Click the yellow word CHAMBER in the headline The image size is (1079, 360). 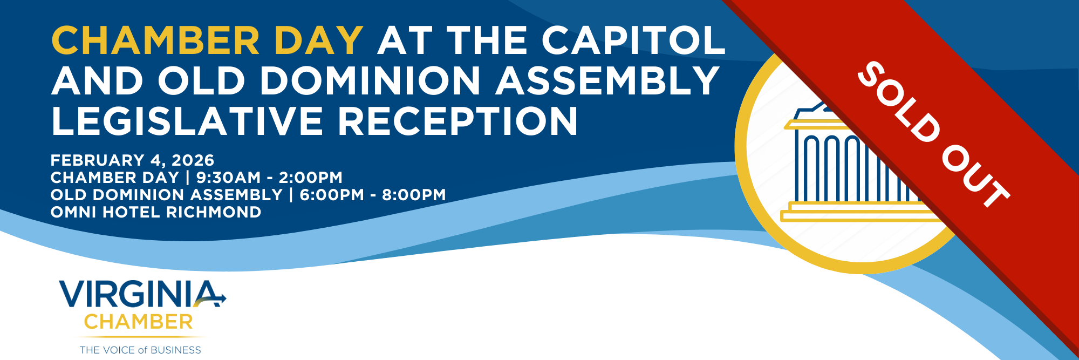156,40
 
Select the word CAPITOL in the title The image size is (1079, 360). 634,40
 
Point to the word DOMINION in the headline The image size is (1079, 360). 370,81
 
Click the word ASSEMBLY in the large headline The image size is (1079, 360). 607,81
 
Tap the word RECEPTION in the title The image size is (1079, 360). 458,121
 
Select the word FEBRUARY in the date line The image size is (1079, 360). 98,160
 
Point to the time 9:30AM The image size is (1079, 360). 229,178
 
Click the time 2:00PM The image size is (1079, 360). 310,178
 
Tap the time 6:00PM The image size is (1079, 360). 332,195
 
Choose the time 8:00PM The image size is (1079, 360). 414,195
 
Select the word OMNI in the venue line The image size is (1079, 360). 73,212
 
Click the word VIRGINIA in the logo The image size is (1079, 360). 142,294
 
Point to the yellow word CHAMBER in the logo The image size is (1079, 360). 139,322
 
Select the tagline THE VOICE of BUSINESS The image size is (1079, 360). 140,350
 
